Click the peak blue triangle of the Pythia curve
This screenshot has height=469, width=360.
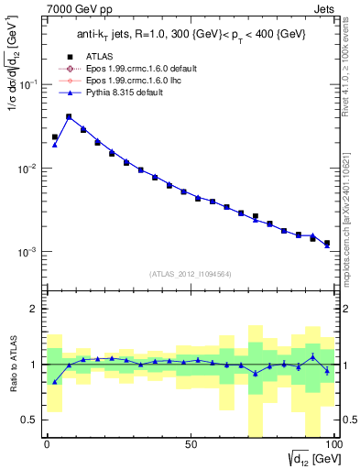coord(69,117)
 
